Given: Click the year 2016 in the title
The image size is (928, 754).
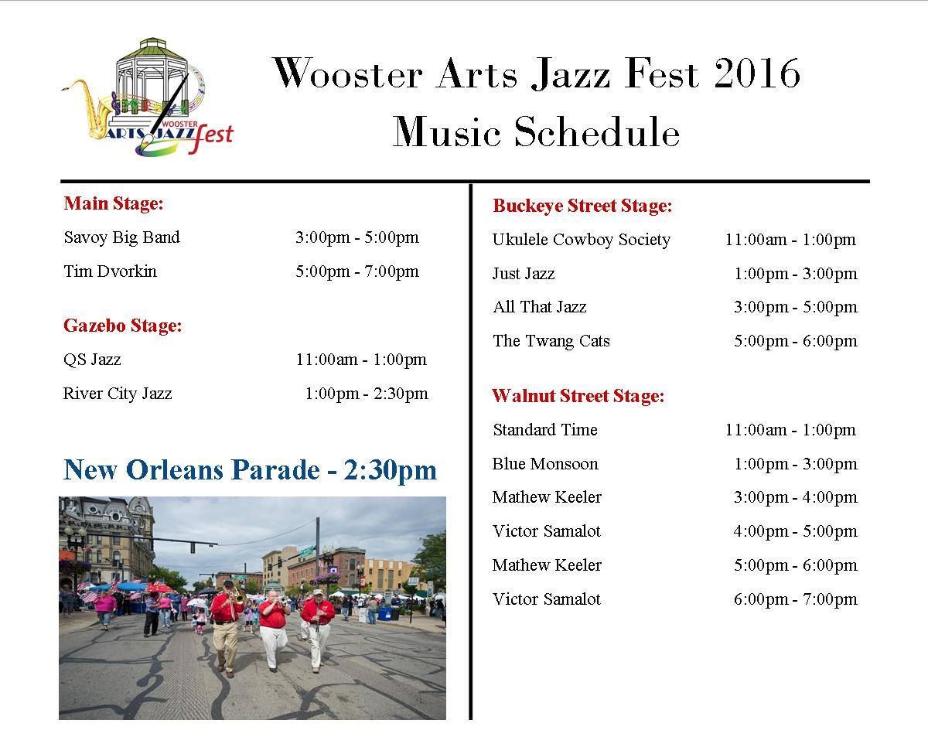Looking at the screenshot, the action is [757, 73].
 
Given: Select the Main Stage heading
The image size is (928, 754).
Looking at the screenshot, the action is [113, 203].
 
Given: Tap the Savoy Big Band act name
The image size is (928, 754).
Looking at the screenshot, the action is [121, 237].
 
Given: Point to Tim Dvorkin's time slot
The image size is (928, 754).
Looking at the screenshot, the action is [357, 271].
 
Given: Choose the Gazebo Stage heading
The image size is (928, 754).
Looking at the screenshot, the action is [122, 326].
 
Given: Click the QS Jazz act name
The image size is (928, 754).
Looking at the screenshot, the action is [92, 360].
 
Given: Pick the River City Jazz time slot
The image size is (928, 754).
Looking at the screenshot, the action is [367, 394].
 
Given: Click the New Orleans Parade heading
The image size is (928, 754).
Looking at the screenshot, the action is [250, 469].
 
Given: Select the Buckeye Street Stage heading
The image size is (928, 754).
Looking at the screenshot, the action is [582, 206].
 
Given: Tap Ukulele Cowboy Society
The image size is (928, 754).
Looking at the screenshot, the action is [582, 240].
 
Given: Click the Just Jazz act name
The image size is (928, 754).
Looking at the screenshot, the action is [524, 274].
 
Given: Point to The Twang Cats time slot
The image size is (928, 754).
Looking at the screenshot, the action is [796, 340].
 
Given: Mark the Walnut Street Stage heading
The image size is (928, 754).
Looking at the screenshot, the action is [578, 395].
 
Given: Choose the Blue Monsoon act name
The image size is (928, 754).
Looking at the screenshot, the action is [545, 464].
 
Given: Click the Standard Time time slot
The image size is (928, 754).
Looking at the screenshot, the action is [790, 430].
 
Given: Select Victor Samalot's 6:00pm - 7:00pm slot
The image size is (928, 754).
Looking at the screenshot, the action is [796, 599].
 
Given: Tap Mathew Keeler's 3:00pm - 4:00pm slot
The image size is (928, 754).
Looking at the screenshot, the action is [796, 497].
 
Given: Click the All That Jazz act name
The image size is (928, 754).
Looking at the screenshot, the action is [539, 307].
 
